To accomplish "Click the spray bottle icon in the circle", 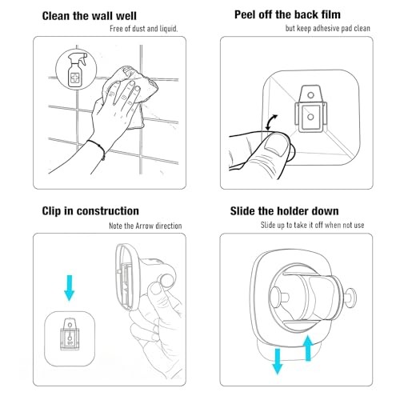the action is click(x=77, y=70).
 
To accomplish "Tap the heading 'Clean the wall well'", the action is click(x=90, y=16).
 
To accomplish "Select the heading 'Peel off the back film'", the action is click(x=287, y=14).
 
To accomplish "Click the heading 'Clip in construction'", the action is click(x=90, y=211).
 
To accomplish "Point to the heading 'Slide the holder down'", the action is click(x=285, y=211).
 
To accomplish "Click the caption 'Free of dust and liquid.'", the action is click(x=144, y=29).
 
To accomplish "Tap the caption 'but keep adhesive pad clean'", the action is click(x=328, y=28).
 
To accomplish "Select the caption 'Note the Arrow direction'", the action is click(x=146, y=226).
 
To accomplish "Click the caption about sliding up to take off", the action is click(x=312, y=225).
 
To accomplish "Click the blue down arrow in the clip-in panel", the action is click(x=70, y=288).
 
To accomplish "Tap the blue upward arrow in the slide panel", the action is click(x=308, y=348).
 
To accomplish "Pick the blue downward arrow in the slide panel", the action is click(x=278, y=362).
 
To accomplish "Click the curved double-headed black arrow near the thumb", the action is click(x=271, y=122).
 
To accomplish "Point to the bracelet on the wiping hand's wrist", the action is click(x=97, y=150).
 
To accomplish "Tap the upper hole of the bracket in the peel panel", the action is click(x=310, y=95).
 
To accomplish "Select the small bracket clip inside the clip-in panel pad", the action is click(x=70, y=334).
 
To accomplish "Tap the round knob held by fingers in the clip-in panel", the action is click(x=167, y=282).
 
